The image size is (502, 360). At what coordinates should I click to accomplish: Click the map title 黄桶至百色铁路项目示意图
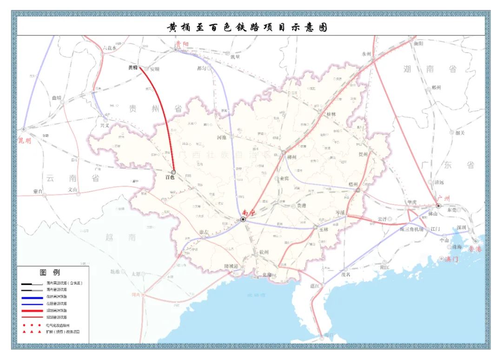(x=247, y=27)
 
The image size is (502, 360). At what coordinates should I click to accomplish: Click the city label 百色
(x=171, y=177)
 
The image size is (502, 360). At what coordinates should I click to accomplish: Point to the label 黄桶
(x=133, y=67)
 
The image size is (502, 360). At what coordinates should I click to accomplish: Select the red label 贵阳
(x=182, y=45)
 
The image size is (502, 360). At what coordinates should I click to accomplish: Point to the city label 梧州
(x=353, y=184)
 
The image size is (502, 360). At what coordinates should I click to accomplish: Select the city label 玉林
(x=324, y=229)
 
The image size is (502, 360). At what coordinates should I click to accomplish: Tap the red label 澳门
(x=451, y=259)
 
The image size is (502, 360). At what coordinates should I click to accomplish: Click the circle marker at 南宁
(x=243, y=219)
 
